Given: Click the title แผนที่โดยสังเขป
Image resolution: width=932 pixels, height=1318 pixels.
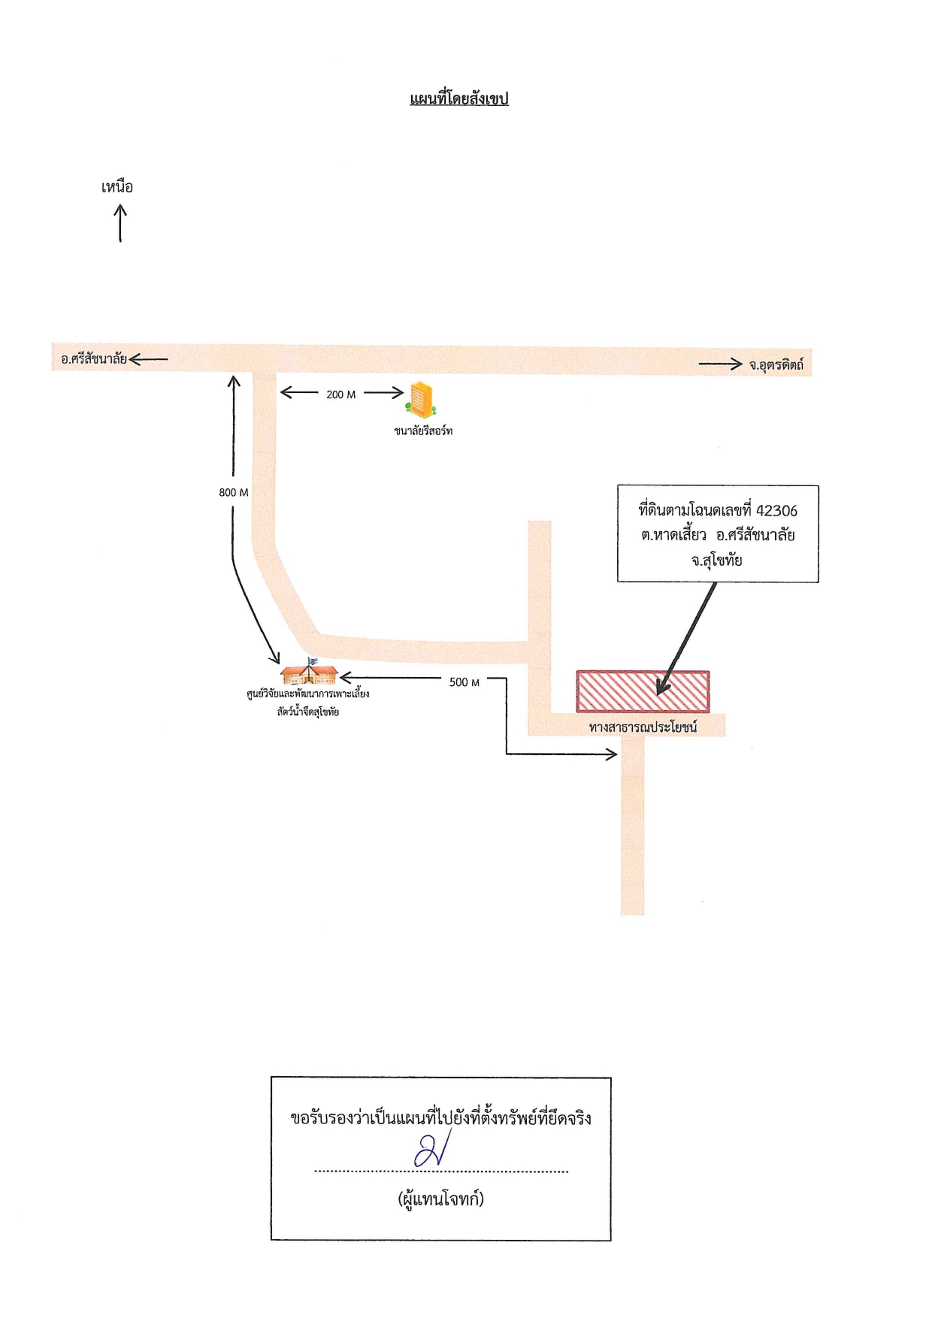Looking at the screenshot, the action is [x=459, y=98].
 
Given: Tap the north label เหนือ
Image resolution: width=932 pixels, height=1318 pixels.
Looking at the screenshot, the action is [x=117, y=186].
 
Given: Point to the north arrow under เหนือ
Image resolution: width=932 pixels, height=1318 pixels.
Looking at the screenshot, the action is [x=120, y=224].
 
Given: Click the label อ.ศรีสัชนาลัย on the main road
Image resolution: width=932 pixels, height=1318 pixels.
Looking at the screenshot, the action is [x=94, y=359].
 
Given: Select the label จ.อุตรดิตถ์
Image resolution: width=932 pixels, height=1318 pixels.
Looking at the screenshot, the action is [x=776, y=365].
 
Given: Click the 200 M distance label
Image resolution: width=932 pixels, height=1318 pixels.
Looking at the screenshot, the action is [x=341, y=394].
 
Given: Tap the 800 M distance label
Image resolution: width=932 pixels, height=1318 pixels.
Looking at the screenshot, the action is [x=234, y=492].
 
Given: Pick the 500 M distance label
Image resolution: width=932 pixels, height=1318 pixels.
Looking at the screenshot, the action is [x=464, y=682].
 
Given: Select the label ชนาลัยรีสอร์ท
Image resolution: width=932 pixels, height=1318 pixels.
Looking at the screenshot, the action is [x=423, y=431].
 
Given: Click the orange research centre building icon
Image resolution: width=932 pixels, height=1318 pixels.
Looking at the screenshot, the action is [x=309, y=671].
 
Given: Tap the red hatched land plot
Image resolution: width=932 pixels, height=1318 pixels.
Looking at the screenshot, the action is [x=643, y=691].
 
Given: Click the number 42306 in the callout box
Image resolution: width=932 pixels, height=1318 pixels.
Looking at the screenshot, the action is [x=776, y=511].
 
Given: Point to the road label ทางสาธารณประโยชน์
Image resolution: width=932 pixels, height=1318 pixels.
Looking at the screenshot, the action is [x=643, y=727].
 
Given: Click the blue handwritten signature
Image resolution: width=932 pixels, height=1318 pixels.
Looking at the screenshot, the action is [x=432, y=1150].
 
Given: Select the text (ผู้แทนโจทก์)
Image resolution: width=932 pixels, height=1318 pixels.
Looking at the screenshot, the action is [x=440, y=1199].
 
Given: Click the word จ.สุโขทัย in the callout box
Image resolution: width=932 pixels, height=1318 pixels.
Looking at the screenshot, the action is [x=717, y=561].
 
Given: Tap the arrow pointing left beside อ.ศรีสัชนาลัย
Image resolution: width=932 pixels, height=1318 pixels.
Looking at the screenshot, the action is [x=148, y=359].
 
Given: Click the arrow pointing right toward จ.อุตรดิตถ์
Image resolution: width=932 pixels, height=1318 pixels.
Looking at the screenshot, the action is [x=721, y=364].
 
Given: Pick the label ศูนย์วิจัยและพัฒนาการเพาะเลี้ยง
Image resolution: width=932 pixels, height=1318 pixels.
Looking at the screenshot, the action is [x=308, y=694].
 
